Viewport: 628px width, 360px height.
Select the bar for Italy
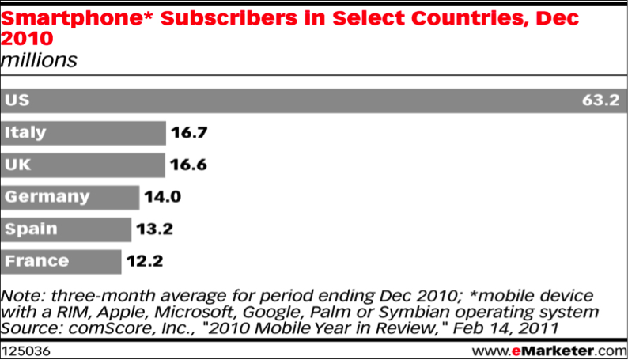83,133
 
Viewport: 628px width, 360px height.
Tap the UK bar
82,165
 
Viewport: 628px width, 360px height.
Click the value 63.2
598,101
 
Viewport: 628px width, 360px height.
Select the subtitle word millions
39,60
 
